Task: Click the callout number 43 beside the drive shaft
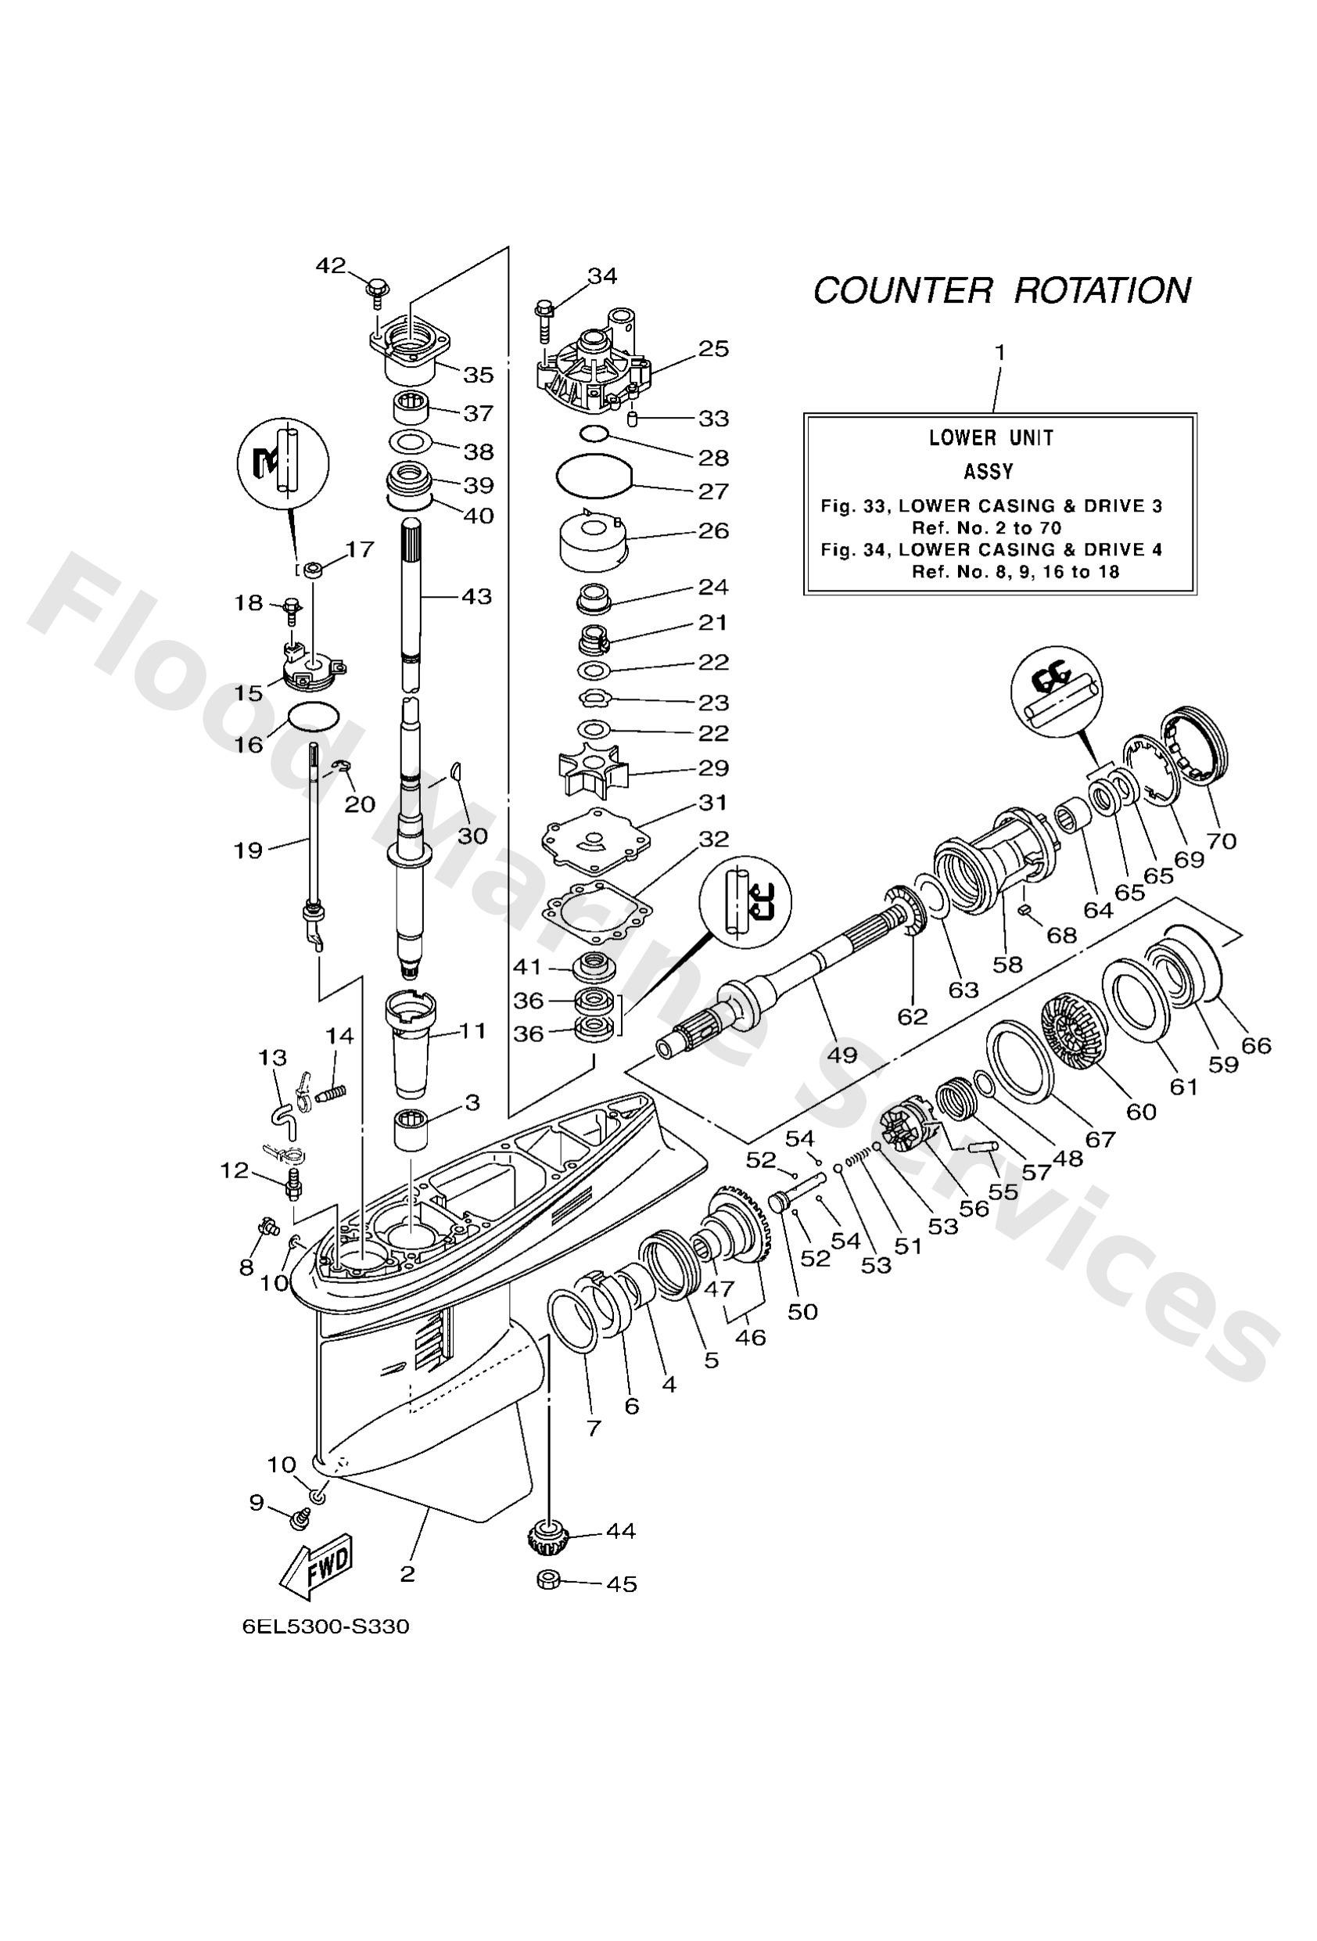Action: [x=477, y=597]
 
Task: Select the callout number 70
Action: [x=1221, y=841]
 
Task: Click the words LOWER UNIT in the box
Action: [x=992, y=437]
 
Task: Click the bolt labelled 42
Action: [x=376, y=293]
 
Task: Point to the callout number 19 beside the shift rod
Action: [x=248, y=850]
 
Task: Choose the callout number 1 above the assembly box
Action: [x=999, y=353]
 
